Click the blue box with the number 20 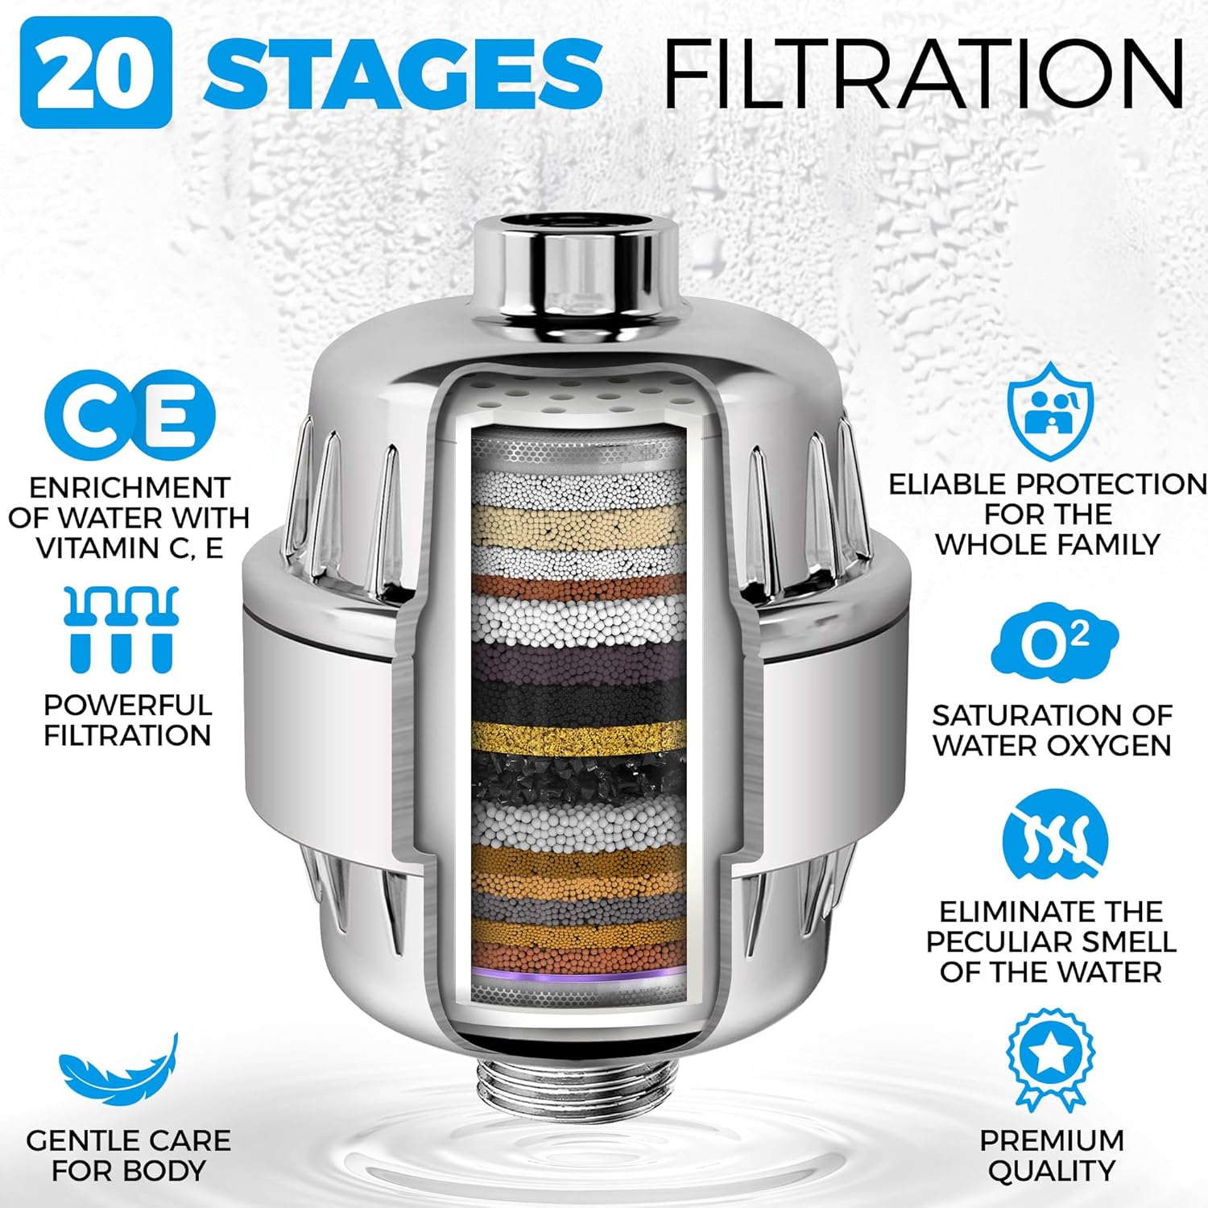(x=96, y=72)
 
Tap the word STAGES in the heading (x=403, y=72)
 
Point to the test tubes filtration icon (x=122, y=629)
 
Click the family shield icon (x=1051, y=411)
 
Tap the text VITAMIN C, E (x=130, y=548)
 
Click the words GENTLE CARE (x=128, y=1140)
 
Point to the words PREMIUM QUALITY (x=1052, y=1156)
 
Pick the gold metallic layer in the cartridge (x=578, y=735)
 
